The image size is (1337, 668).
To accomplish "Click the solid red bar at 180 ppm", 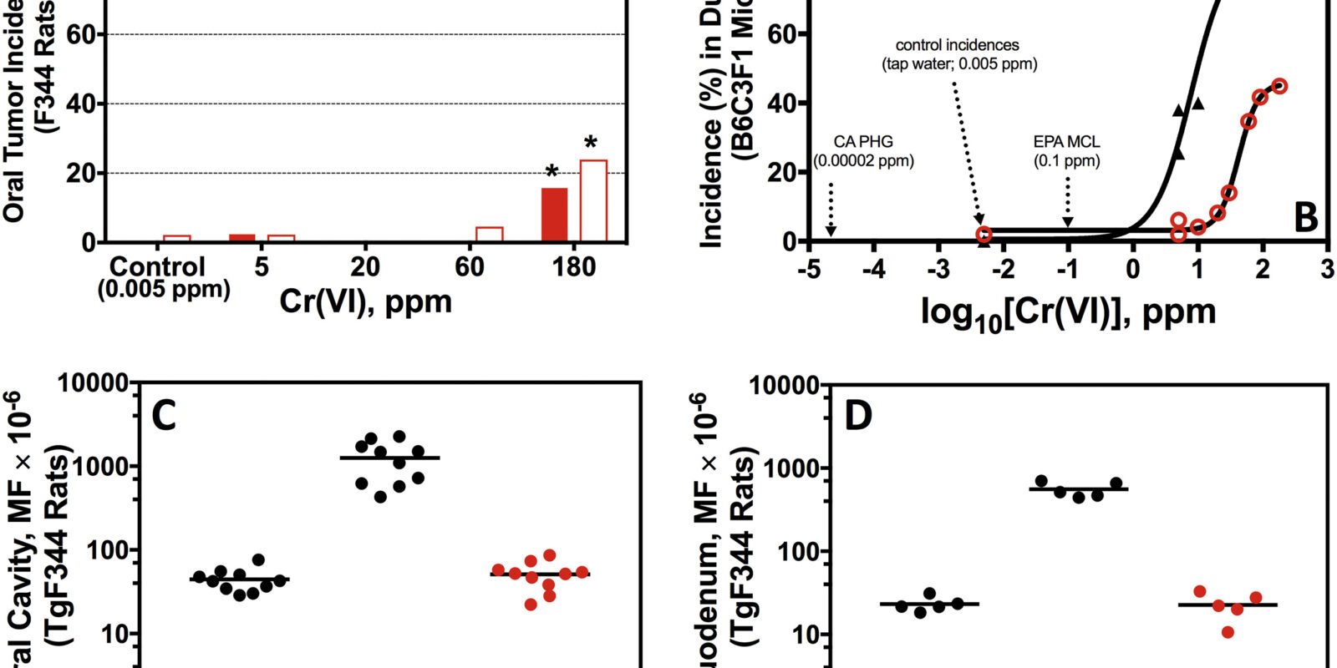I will coord(554,215).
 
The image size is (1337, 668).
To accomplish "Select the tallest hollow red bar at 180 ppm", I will coord(593,201).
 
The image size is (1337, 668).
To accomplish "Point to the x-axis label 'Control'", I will coord(157,267).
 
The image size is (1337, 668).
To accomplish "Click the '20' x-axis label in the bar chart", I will coord(365,267).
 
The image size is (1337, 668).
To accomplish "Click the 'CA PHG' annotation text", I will coord(863,142).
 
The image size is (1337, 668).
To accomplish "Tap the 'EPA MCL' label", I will coord(1066,142).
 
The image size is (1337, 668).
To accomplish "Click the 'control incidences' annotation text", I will coord(958,45).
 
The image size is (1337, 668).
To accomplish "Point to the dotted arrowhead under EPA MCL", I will coord(1067,221).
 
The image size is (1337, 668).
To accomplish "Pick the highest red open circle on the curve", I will coord(1279,86).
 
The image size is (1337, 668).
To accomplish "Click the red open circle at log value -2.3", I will coord(984,235).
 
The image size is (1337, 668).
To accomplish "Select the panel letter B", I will coord(1305,217).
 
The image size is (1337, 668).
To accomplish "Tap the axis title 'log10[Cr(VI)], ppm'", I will coord(1067,312).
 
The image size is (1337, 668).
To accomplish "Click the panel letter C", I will coord(164,415).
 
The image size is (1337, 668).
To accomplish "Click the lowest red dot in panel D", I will coord(1228,632).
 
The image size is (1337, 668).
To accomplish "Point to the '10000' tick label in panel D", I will coord(782,386).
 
